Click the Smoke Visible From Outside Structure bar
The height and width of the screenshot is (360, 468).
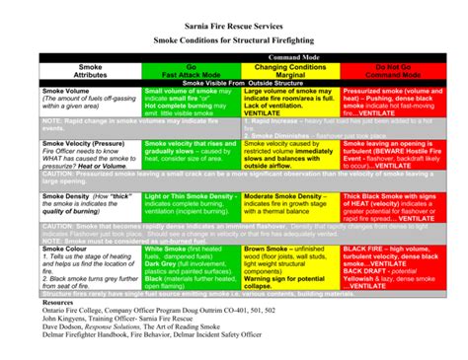click(x=234, y=83)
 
